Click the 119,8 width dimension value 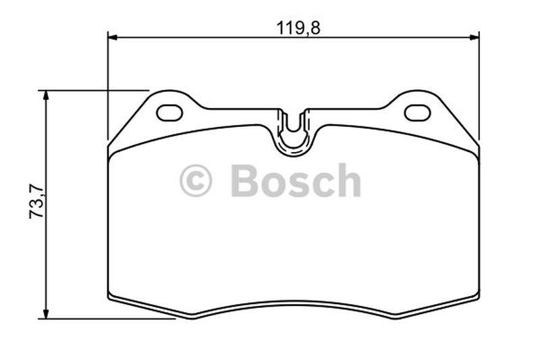click(298, 28)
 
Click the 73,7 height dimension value click(36, 202)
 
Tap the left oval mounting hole click(169, 113)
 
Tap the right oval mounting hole click(417, 113)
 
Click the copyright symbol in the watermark click(196, 180)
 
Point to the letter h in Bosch click(348, 180)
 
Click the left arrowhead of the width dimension click(113, 37)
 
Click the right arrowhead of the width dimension click(475, 37)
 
